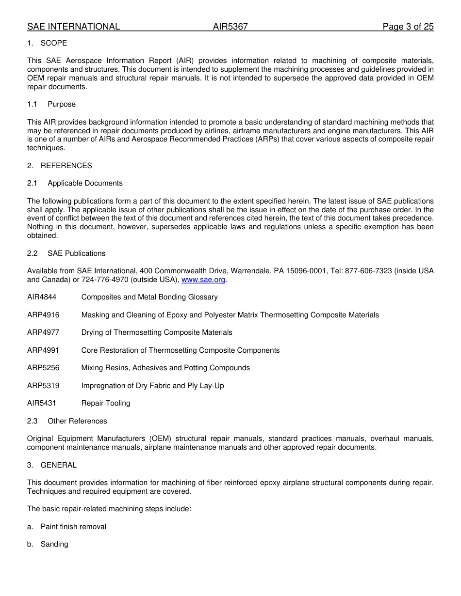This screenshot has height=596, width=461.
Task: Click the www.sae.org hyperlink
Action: pyautogui.click(x=203, y=280)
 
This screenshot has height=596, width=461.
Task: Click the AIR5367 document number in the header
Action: pyautogui.click(x=230, y=27)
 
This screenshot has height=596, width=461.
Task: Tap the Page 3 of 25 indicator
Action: pyautogui.click(x=408, y=27)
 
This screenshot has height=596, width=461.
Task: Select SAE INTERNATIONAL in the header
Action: pyautogui.click(x=73, y=27)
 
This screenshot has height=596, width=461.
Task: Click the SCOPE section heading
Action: pyautogui.click(x=53, y=43)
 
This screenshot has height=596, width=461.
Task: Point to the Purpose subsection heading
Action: pyautogui.click(x=62, y=104)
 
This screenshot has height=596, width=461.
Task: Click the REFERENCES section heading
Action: pyautogui.click(x=66, y=166)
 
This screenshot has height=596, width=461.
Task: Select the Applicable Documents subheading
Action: pyautogui.click(x=85, y=183)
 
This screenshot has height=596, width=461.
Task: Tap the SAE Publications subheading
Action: pyautogui.click(x=76, y=253)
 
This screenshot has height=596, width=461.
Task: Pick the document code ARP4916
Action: pyautogui.click(x=43, y=315)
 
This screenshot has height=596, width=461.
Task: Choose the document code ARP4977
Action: pyautogui.click(x=43, y=332)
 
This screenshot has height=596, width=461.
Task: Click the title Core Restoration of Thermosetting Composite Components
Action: pyautogui.click(x=181, y=350)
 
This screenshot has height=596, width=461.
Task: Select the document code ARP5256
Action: pyautogui.click(x=43, y=368)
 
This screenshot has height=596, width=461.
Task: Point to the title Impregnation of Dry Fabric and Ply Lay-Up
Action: pyautogui.click(x=153, y=386)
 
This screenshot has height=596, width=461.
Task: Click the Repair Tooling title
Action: pyautogui.click(x=106, y=403)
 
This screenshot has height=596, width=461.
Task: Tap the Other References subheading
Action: pyautogui.click(x=77, y=421)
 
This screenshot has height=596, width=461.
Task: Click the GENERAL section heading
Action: pyautogui.click(x=58, y=465)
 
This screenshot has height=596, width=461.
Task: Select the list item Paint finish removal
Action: pyautogui.click(x=73, y=527)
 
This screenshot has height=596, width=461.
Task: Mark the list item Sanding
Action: pyautogui.click(x=54, y=544)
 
